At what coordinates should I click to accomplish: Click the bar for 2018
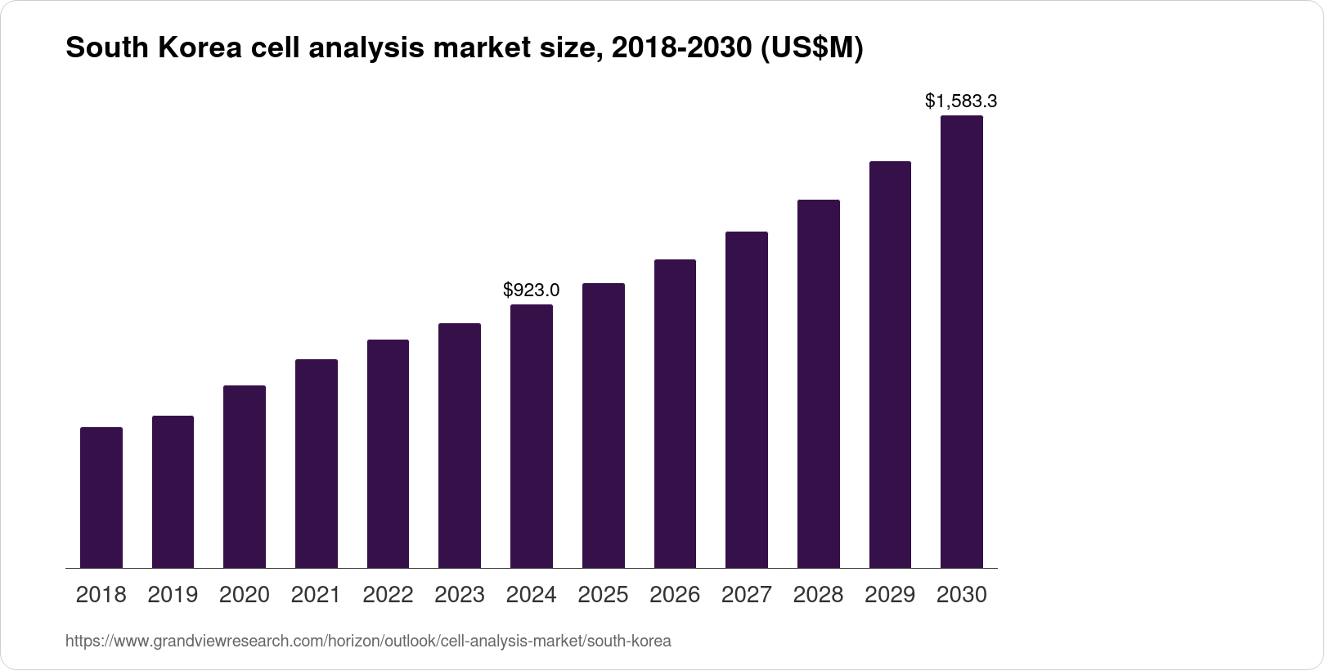click(x=101, y=498)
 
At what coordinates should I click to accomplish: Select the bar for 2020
click(x=245, y=476)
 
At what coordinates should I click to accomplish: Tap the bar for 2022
click(x=388, y=453)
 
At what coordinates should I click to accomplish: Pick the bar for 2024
click(x=532, y=436)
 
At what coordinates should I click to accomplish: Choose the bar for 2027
click(x=747, y=399)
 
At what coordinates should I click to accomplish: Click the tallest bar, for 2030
click(x=962, y=341)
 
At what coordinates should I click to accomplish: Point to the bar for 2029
click(x=890, y=364)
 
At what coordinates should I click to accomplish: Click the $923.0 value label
click(x=532, y=290)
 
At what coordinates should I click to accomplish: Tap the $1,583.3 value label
click(x=961, y=101)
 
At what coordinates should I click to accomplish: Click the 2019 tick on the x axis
click(x=173, y=595)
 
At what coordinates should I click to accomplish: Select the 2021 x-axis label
click(x=317, y=595)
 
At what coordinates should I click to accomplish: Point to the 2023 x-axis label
click(x=460, y=595)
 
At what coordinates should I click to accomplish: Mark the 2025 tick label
click(x=603, y=595)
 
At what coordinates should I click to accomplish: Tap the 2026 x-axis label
click(x=675, y=595)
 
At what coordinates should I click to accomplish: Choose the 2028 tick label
click(x=818, y=595)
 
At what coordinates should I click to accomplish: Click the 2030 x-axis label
click(x=962, y=595)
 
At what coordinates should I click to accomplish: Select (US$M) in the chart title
click(x=811, y=49)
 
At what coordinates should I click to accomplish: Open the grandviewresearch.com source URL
click(x=368, y=642)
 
